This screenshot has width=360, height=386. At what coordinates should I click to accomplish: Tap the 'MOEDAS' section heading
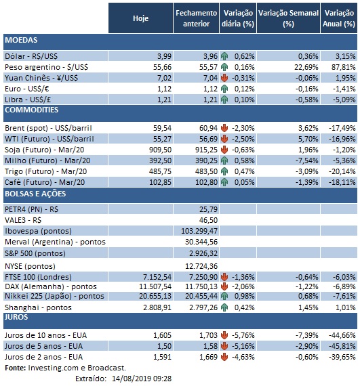pyautogui.click(x=21, y=41)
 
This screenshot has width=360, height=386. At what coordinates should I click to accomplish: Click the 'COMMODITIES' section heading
pyautogui.click(x=32, y=110)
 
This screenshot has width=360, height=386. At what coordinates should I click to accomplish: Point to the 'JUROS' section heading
pyautogui.click(x=17, y=316)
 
